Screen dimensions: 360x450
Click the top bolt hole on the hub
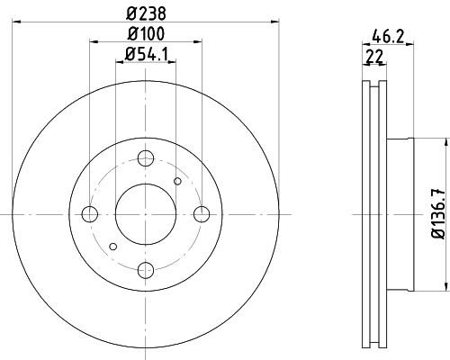pyautogui.click(x=146, y=159)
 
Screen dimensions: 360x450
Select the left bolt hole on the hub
pyautogui.click(x=90, y=214)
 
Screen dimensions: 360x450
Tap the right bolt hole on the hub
pyautogui.click(x=202, y=214)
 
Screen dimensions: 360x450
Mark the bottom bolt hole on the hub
pyautogui.click(x=146, y=269)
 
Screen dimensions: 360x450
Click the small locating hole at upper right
pyautogui.click(x=177, y=183)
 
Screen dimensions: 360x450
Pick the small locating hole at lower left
pyautogui.click(x=113, y=246)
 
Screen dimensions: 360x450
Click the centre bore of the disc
pyautogui.click(x=146, y=214)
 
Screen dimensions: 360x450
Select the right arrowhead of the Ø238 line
pyautogui.click(x=275, y=24)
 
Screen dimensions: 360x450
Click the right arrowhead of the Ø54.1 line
pyautogui.click(x=172, y=67)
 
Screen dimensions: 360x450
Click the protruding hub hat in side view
pyautogui.click(x=400, y=214)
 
